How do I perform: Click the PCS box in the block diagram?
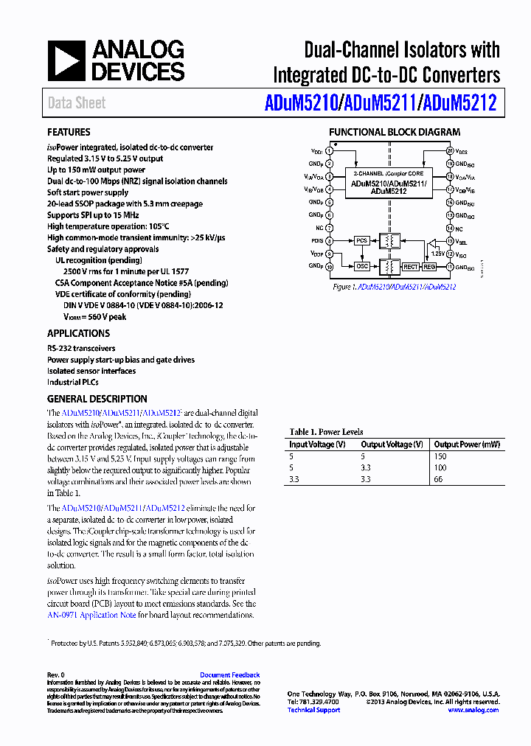361,240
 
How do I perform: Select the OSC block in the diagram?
361,266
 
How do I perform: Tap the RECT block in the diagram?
411,266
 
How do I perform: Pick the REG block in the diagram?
429,266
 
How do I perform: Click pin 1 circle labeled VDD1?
330,150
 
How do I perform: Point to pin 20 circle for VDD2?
450,150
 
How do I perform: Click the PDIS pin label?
316,240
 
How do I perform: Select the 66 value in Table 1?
439,478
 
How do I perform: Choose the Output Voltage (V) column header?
392,445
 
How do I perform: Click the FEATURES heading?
69,133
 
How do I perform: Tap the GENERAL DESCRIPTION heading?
97,399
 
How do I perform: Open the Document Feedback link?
229,674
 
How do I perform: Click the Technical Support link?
313,710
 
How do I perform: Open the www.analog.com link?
473,710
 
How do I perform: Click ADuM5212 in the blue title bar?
458,103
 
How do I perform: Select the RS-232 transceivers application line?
81,348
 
